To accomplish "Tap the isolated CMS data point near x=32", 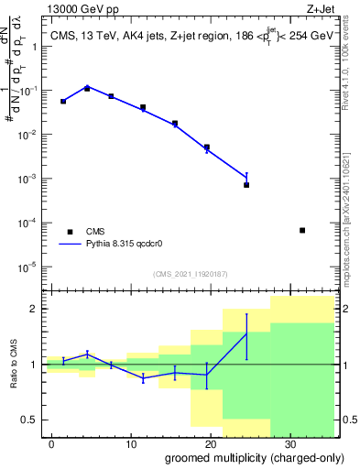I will (x=302, y=230).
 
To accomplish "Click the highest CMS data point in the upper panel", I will (x=87, y=89).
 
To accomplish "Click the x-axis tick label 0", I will (x=54, y=443).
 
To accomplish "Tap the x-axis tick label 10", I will (x=132, y=443).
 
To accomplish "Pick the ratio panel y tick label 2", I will (x=35, y=309).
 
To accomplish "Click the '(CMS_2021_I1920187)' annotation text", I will (x=191, y=274).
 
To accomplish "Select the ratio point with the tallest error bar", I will (x=246, y=333).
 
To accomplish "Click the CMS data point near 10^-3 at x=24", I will (x=246, y=185).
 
